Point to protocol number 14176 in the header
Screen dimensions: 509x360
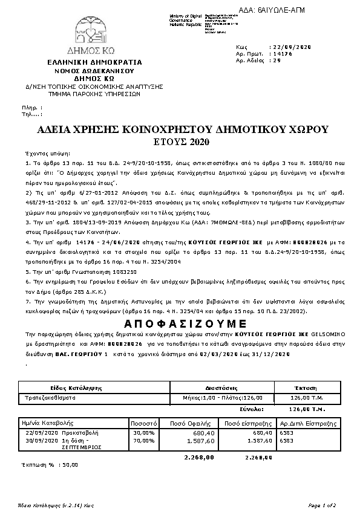pyautogui.click(x=283, y=54)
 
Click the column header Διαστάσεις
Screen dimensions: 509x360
pyautogui.click(x=219, y=387)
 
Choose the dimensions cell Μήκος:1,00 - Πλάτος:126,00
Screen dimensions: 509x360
pyautogui.click(x=218, y=398)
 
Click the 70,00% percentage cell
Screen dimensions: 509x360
pyautogui.click(x=144, y=441)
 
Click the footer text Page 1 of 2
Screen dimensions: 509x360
pyautogui.click(x=321, y=505)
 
